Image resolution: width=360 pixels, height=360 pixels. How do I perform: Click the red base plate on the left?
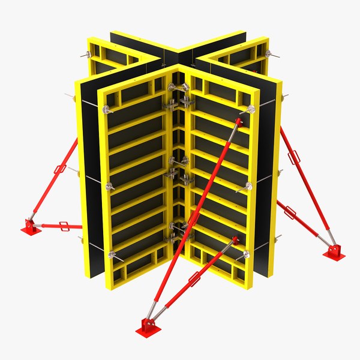[31, 228]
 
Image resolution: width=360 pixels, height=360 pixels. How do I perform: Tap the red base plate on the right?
[334, 254]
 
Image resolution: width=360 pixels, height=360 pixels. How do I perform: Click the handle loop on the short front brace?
[194, 279]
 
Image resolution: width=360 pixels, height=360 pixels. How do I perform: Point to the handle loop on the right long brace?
[295, 157]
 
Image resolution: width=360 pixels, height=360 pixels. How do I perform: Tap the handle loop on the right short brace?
[290, 212]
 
